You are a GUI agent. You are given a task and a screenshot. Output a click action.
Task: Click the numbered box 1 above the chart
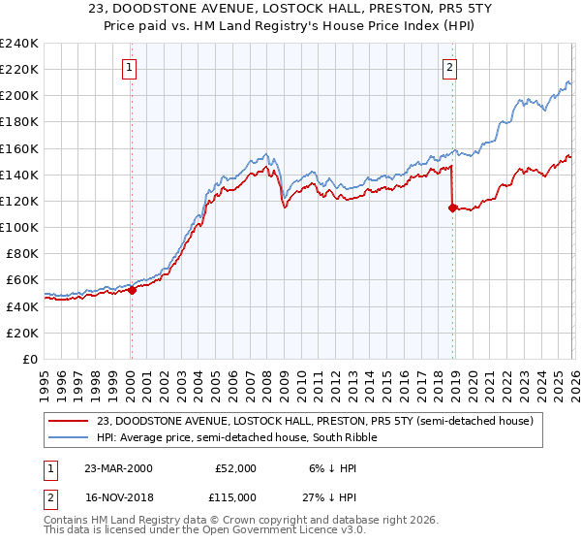point(130,68)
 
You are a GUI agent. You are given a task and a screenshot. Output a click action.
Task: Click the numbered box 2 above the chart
point(450,68)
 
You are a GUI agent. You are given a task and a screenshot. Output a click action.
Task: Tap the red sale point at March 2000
point(133,290)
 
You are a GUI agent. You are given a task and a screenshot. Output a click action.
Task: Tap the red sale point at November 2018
point(452,207)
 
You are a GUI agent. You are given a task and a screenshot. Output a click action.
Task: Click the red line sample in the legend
point(71,421)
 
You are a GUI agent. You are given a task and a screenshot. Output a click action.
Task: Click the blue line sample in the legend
point(71,438)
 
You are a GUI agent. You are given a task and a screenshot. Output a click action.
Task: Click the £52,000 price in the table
point(234,468)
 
